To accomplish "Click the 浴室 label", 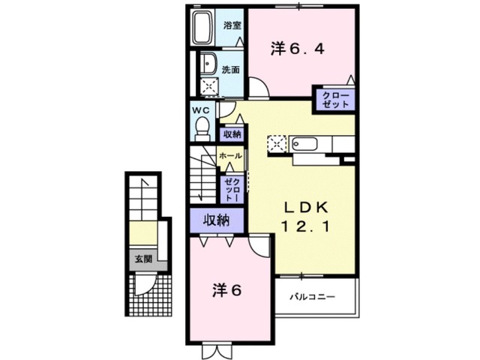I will pyautogui.click(x=232, y=25).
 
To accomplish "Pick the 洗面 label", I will pyautogui.click(x=232, y=70).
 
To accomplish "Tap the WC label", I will pyautogui.click(x=200, y=109).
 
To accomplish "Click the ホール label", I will pyautogui.click(x=230, y=155).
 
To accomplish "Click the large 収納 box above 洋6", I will pyautogui.click(x=216, y=220).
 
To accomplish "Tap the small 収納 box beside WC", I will pyautogui.click(x=231, y=134).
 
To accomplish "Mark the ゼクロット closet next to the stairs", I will pyautogui.click(x=231, y=188).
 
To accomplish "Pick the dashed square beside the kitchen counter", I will pyautogui.click(x=278, y=143).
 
